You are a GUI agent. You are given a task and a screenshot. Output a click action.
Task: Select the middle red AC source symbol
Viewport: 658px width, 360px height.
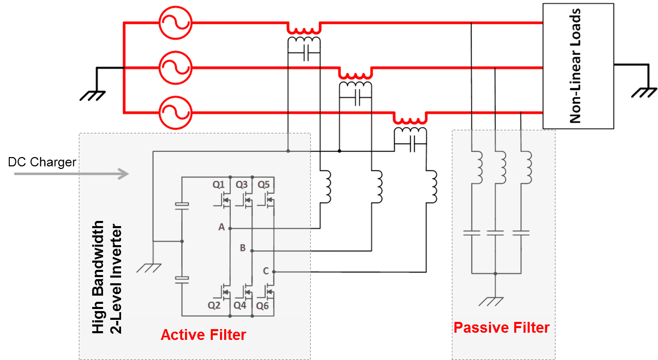(x=175, y=67)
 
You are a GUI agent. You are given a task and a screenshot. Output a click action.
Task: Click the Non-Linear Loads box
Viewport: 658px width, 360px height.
(x=578, y=65)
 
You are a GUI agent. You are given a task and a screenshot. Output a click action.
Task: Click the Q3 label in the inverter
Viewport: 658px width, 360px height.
(x=242, y=184)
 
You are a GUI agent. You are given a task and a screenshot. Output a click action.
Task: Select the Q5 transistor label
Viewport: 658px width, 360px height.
(x=263, y=184)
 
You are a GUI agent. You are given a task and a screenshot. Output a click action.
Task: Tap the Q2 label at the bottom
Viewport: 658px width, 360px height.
(x=215, y=305)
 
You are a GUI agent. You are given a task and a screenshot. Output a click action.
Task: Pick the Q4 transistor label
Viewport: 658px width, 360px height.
(x=240, y=305)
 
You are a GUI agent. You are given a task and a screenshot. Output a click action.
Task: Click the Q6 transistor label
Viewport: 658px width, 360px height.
(x=263, y=305)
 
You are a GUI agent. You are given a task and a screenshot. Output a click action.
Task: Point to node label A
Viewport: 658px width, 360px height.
(x=222, y=227)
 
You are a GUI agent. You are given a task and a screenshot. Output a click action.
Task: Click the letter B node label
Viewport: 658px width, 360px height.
(x=243, y=248)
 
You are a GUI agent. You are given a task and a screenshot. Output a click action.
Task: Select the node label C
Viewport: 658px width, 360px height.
(x=265, y=270)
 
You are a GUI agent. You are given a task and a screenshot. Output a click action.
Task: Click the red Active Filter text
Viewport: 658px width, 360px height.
(x=204, y=335)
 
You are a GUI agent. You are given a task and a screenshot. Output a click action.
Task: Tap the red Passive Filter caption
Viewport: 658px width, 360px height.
(x=501, y=328)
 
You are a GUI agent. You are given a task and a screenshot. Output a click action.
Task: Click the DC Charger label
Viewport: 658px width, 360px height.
(x=42, y=162)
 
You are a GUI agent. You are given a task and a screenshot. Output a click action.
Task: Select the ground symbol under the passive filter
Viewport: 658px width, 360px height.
(x=495, y=301)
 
